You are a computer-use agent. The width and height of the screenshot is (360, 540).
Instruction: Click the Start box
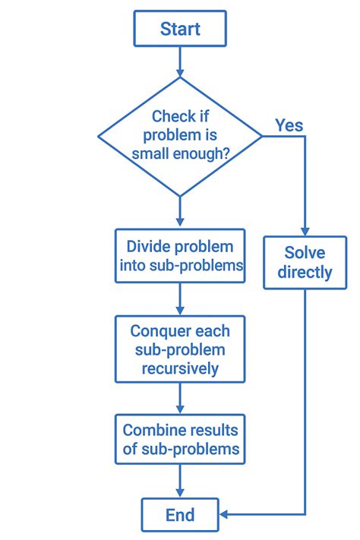point(179,29)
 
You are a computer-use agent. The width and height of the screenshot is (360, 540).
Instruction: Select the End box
point(179,515)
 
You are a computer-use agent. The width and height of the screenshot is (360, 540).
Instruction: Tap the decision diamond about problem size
point(180,136)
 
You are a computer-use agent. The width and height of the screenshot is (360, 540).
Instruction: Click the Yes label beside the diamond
point(289,125)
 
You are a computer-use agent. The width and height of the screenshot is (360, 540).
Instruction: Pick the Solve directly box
point(304,262)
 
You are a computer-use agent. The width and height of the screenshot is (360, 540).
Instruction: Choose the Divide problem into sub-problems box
point(180,256)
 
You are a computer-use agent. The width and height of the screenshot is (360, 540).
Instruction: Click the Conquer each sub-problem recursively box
point(180,349)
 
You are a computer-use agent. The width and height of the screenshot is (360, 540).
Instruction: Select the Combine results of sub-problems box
point(180,439)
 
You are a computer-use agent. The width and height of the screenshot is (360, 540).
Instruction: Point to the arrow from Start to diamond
point(180,61)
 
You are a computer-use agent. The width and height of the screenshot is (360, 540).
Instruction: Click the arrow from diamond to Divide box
point(180,213)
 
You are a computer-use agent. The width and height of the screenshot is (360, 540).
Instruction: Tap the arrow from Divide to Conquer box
point(180,299)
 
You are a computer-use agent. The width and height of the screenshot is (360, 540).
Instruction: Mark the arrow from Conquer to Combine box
point(180,398)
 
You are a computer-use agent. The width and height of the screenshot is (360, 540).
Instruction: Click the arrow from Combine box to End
point(180,481)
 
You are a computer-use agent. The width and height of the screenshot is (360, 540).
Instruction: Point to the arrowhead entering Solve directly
point(304,230)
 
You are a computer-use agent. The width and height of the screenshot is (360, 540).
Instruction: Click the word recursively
point(180,368)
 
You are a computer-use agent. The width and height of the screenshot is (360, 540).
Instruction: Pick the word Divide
point(149,247)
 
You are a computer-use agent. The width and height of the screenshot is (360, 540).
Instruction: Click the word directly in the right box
point(304,272)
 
